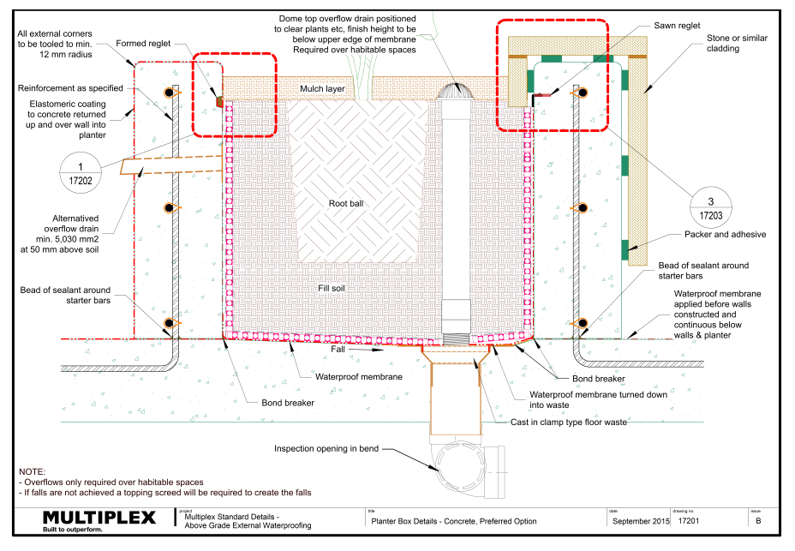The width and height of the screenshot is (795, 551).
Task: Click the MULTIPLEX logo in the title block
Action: click(x=99, y=518)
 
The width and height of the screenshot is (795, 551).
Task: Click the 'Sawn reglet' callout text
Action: click(x=677, y=27)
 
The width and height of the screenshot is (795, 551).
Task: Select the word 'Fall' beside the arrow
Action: click(x=341, y=350)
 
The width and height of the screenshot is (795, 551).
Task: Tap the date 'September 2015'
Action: click(x=636, y=520)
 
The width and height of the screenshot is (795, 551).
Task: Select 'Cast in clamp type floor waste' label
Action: click(x=569, y=422)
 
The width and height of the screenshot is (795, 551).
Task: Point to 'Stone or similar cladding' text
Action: click(x=735, y=44)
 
